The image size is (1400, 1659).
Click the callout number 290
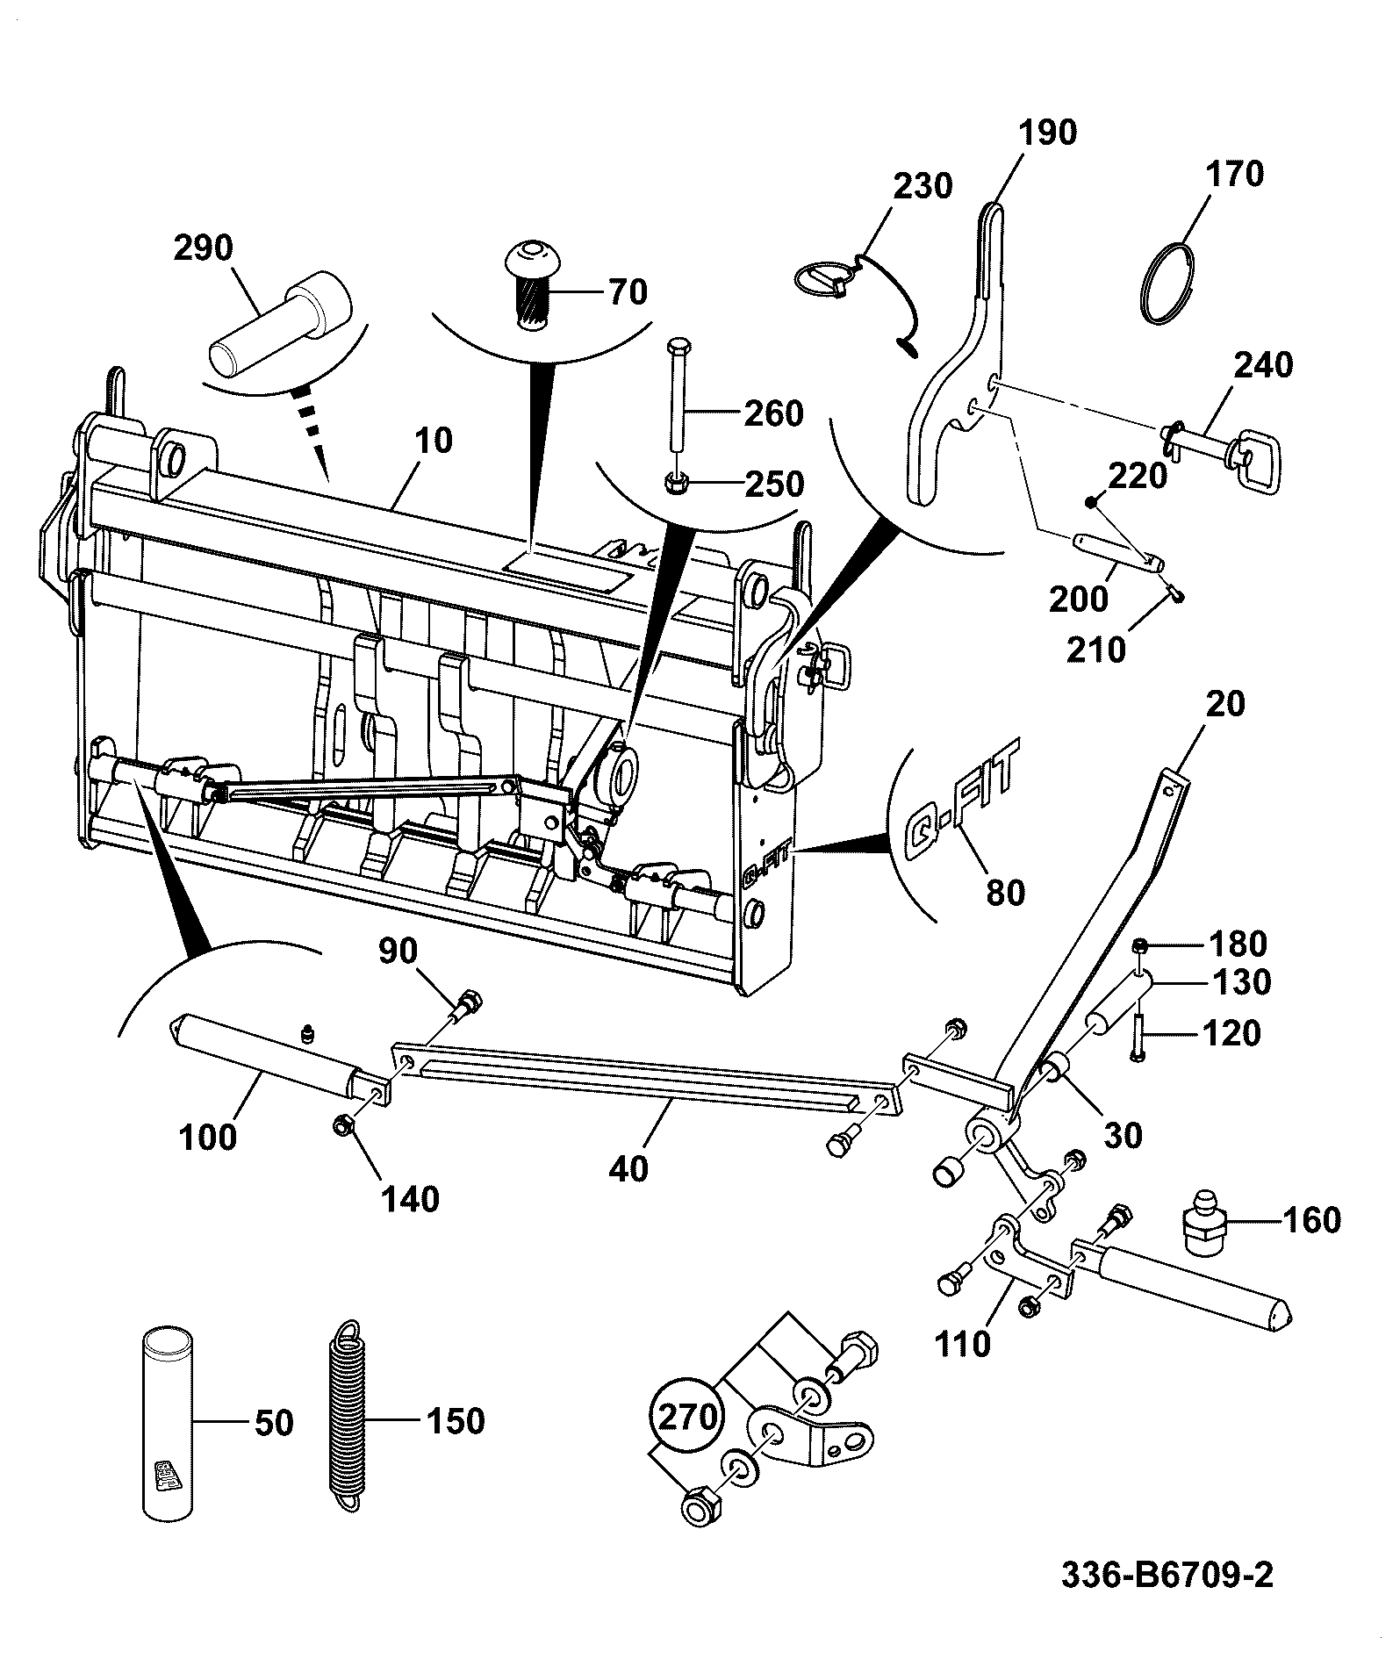[203, 248]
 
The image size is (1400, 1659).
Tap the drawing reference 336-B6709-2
[1167, 1576]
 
